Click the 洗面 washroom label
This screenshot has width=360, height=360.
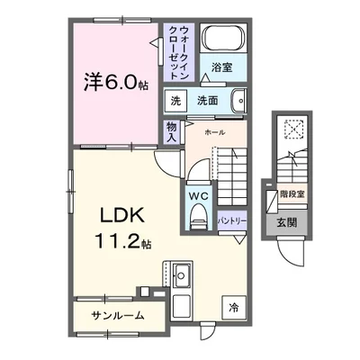point(209,100)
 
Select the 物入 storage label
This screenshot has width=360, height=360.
point(172,131)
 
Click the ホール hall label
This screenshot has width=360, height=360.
point(214,131)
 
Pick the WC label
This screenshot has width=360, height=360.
point(198,193)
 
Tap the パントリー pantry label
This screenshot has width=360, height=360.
point(229,219)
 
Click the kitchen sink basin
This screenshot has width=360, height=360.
point(179,273)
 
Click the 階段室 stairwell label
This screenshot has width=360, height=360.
point(289,193)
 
